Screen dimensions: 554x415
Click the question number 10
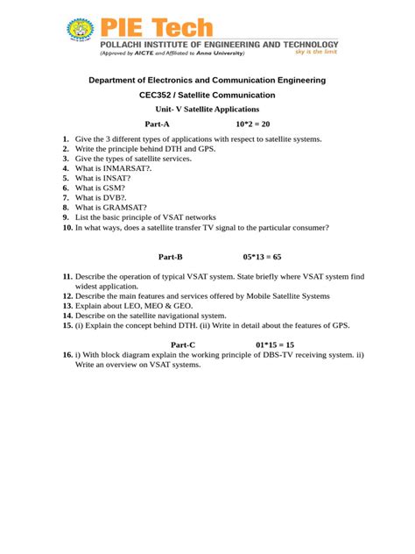tap(67, 227)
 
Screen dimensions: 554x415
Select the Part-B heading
tap(170, 257)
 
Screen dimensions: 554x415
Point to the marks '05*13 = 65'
tap(262, 257)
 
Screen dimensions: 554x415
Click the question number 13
tap(67, 306)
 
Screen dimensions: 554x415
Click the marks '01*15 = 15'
tap(275, 344)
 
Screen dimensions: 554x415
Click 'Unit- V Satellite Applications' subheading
tap(207, 109)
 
